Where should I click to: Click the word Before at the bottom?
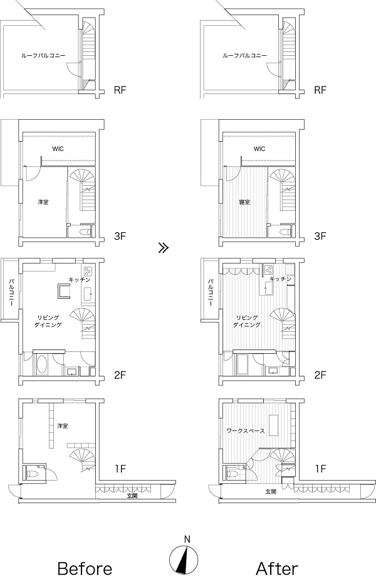[85, 568]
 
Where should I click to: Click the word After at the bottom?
[277, 568]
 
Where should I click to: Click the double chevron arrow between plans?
[163, 248]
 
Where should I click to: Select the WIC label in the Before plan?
[58, 149]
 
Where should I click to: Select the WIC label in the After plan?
[259, 149]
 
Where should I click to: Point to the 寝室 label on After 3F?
[244, 202]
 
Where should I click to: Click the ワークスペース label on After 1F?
[246, 431]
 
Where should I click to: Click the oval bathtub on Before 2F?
[42, 365]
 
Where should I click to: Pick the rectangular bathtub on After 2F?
[242, 365]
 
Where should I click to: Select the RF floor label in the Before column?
[120, 90]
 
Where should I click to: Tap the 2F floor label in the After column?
[320, 375]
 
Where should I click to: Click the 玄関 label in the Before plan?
[132, 496]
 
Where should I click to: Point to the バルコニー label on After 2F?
[210, 292]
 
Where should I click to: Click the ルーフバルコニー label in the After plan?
[244, 56]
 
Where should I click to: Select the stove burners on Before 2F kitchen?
[88, 270]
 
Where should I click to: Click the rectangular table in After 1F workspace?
[273, 425]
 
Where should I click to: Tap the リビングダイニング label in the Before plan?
[48, 321]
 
